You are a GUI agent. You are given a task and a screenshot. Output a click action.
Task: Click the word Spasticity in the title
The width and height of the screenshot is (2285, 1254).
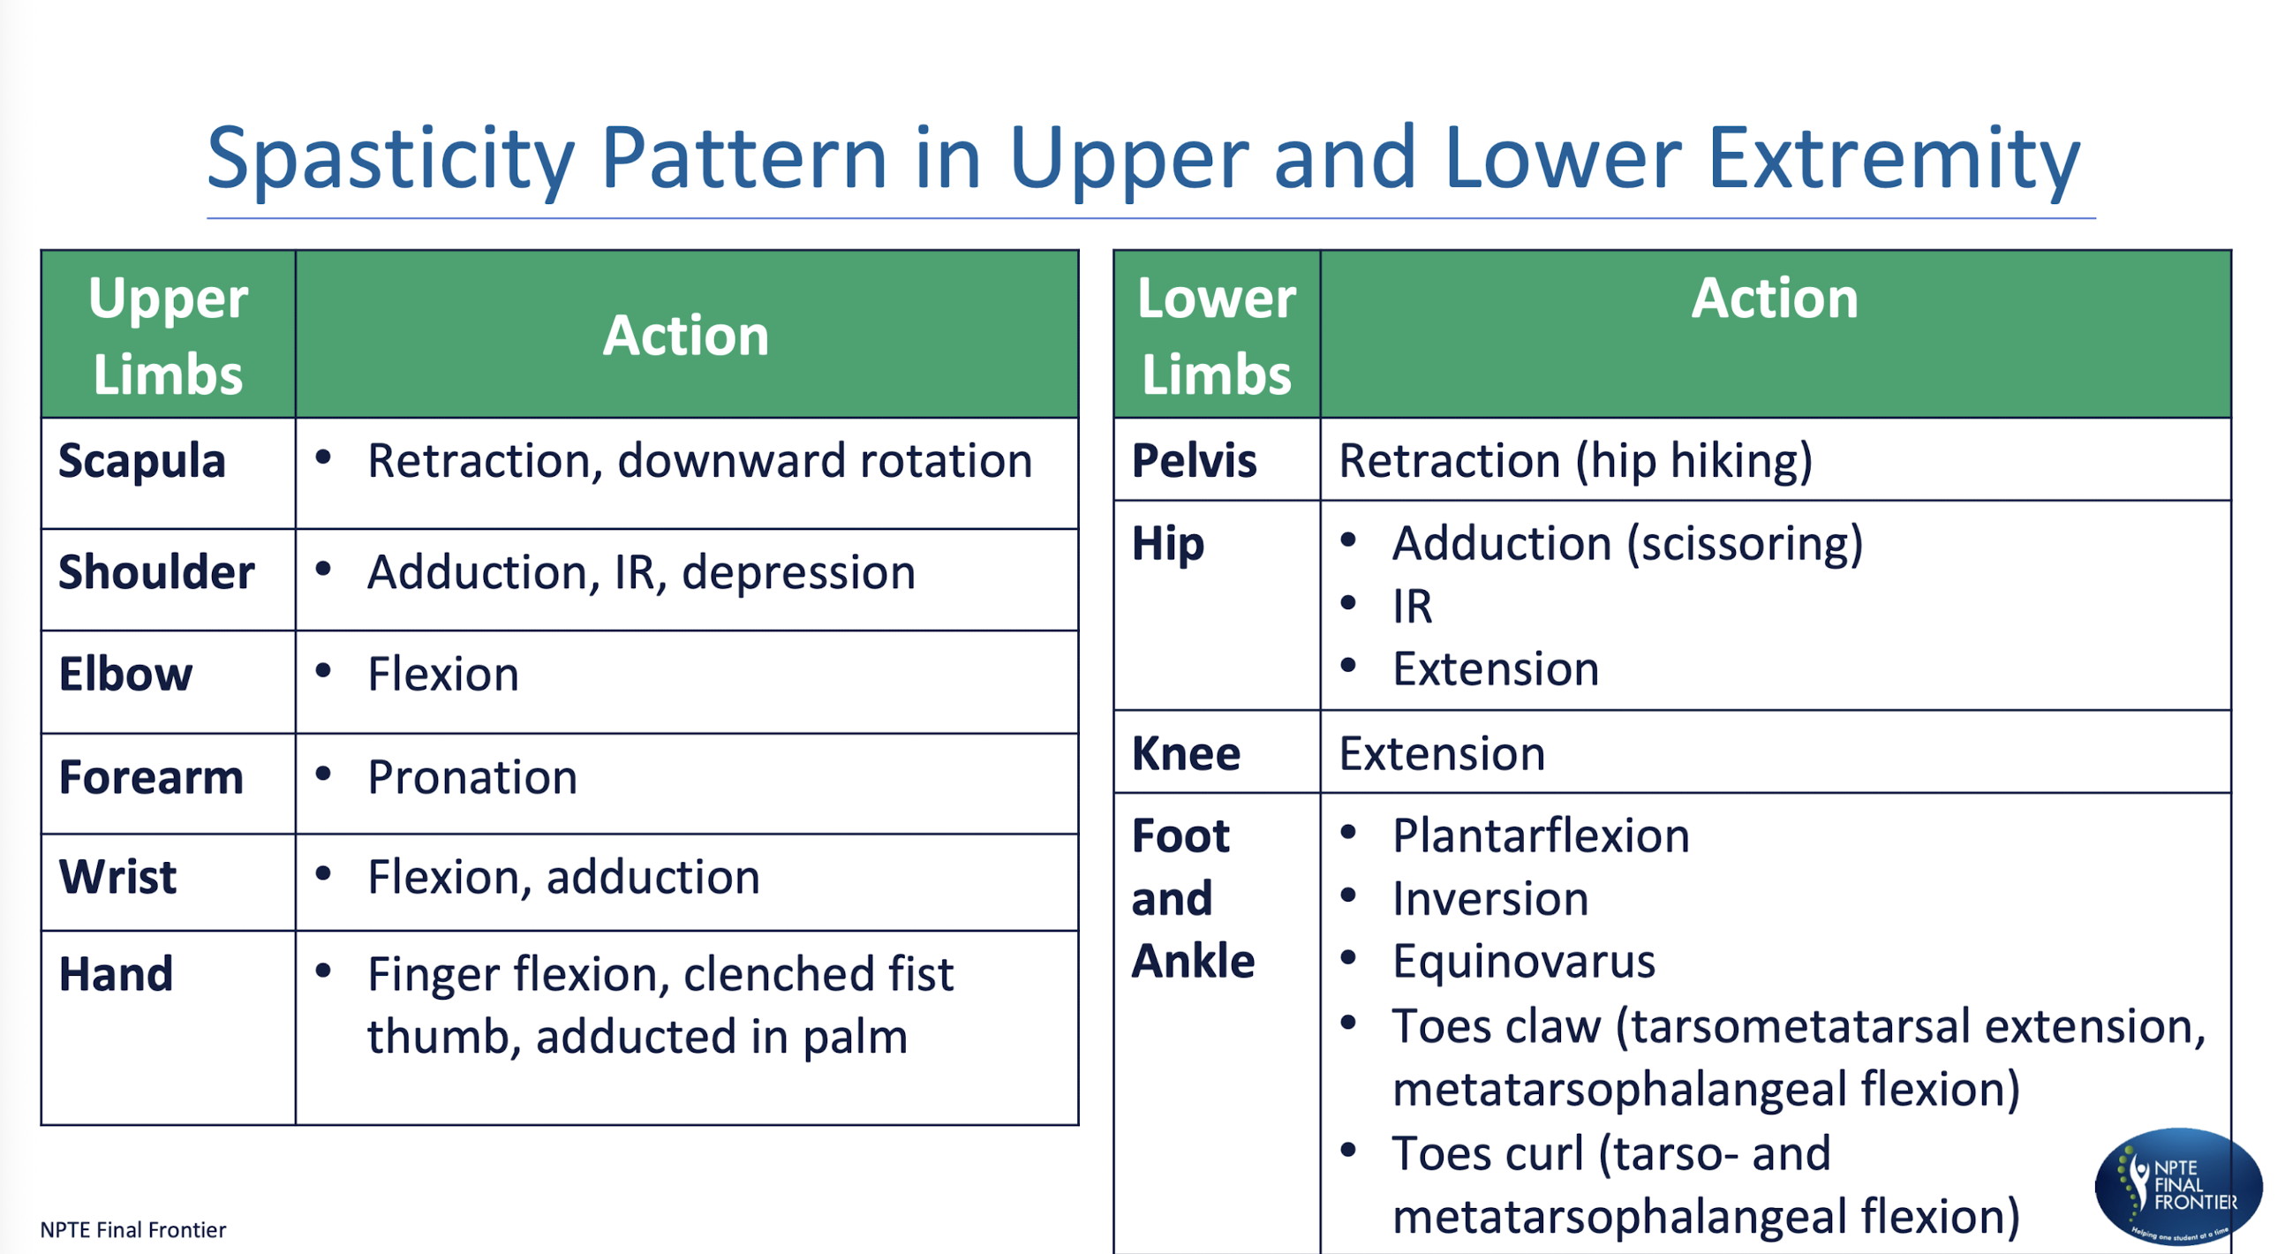390,160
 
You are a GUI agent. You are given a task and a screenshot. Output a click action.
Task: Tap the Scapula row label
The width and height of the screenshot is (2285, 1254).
142,462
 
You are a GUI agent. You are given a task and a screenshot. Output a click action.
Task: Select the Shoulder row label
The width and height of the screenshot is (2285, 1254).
156,572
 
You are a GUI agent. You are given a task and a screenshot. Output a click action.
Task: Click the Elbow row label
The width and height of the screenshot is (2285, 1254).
125,675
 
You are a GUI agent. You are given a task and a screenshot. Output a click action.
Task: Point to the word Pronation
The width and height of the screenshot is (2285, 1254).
471,777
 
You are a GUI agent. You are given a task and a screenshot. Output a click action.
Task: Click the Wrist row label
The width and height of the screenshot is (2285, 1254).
118,878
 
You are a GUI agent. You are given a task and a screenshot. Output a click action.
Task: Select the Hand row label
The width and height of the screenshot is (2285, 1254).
116,974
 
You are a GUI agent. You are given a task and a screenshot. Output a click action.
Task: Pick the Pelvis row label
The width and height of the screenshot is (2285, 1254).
1194,462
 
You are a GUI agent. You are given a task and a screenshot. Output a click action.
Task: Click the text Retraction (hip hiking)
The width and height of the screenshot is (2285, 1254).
1575,462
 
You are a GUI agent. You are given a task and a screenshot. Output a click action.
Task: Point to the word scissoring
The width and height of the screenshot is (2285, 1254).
1743,544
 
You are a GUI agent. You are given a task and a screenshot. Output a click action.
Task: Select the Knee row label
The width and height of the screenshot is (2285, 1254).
1186,754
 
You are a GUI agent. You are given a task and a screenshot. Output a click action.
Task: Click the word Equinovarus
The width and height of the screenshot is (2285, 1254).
1523,962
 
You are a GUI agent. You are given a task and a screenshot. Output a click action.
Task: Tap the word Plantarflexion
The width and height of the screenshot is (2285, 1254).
1541,837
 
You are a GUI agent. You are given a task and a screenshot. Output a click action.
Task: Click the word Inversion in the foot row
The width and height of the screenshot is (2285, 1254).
1490,899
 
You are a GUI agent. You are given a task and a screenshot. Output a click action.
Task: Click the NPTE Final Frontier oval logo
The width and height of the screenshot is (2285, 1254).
2177,1186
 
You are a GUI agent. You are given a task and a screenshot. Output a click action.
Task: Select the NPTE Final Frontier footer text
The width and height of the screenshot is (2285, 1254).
133,1230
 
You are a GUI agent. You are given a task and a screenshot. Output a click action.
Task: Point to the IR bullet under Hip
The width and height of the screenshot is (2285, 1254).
1412,608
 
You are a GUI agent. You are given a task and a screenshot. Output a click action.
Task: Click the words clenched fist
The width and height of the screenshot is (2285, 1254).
818,974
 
